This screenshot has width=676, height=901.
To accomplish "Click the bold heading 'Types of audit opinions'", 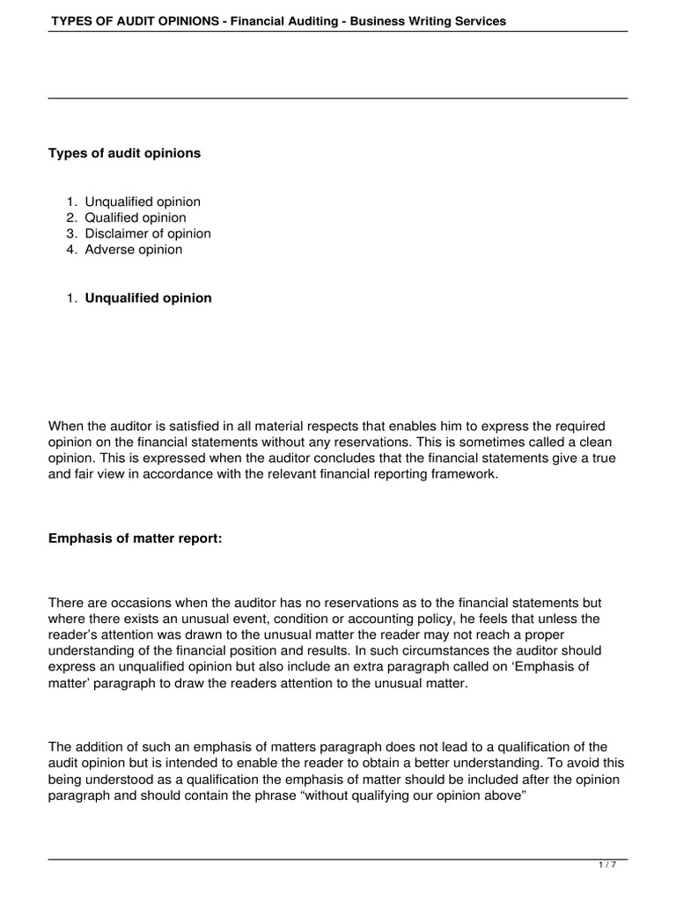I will pos(124,153).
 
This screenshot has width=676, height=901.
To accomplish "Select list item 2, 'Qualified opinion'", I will pos(136,217).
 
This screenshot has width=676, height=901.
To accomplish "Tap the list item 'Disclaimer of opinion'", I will pos(148,233).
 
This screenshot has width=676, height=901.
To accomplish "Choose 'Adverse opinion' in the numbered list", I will pos(134,249).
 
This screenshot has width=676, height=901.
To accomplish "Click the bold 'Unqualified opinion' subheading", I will pos(148,297).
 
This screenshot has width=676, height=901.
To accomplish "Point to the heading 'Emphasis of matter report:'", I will pos(135,539).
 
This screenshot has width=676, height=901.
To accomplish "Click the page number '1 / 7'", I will pos(608,865).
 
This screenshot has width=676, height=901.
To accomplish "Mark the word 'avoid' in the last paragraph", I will pos(594,762).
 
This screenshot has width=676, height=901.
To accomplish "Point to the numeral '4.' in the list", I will pos(72,249).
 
